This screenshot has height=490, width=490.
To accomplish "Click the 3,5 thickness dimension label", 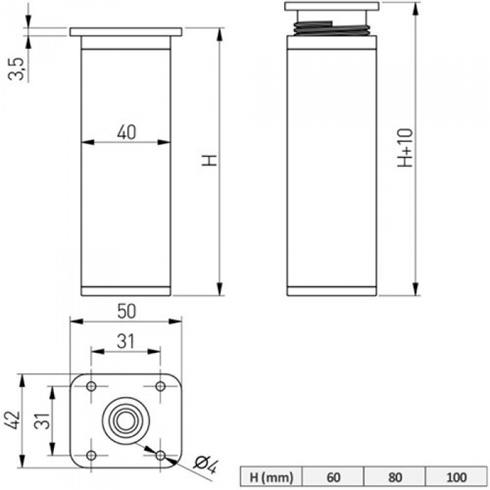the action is click(15, 69).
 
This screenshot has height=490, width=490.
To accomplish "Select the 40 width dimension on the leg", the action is click(127, 132).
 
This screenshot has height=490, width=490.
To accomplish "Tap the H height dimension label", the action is click(209, 160).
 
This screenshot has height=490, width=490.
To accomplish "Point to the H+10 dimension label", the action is click(405, 148).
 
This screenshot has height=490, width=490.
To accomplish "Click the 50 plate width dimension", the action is click(127, 311).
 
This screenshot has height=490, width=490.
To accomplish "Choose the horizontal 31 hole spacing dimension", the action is click(125, 342).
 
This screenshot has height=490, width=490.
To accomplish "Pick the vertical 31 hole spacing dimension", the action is click(42, 421).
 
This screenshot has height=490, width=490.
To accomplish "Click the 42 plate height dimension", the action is click(13, 420).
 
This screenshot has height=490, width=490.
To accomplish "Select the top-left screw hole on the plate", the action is click(91, 386).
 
